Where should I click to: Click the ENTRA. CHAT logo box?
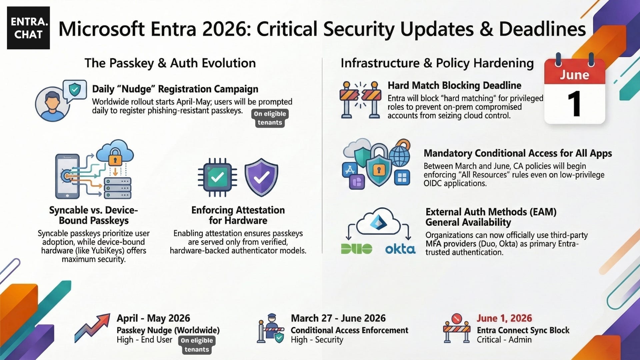coord(28,28)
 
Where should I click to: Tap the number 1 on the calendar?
coord(574,104)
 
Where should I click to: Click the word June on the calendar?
coord(574,75)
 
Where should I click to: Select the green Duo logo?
coord(356,249)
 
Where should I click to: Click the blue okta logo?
coord(400,249)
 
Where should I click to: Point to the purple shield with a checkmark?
coord(261,177)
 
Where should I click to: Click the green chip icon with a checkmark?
coord(217,177)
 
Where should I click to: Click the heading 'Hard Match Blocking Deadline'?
coord(454,85)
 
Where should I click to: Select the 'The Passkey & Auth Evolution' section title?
coord(170,63)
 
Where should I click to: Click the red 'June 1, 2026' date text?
coord(504,318)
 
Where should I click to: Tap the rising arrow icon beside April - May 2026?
coord(92,328)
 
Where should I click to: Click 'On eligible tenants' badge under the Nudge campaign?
coord(270,118)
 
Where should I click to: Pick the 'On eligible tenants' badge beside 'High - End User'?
coord(197,345)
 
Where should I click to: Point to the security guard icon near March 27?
coord(271,328)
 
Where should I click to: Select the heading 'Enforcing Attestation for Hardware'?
coord(238,215)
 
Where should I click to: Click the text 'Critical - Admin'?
coord(504,340)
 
